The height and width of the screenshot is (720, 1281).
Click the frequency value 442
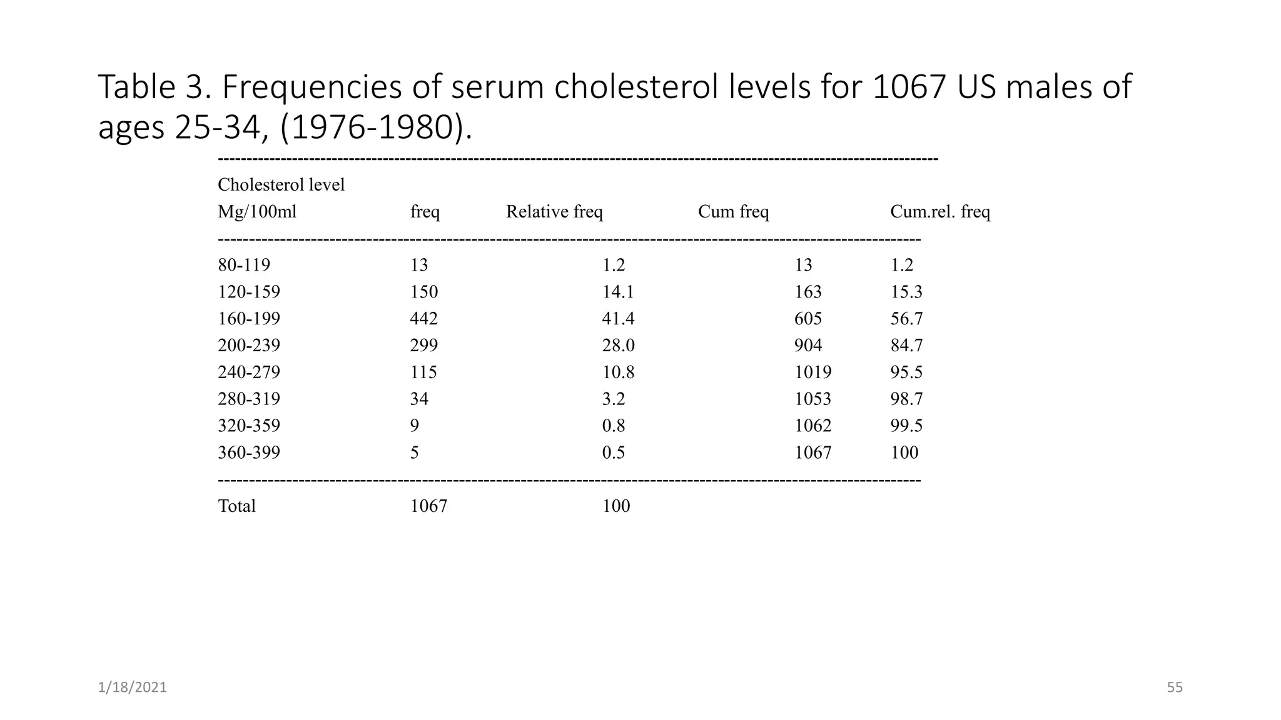423,319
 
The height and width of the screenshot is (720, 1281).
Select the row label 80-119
244,265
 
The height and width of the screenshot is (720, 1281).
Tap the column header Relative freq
554,212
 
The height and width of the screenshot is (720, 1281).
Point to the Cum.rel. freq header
940,212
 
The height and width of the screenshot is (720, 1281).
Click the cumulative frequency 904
808,346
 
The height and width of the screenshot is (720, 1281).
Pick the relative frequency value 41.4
618,319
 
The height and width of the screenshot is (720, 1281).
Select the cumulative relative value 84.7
906,346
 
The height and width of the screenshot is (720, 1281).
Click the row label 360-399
249,452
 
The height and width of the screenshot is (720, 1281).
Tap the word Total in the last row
236,506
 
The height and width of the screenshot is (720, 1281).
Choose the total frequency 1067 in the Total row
428,506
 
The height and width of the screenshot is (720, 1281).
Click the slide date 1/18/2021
132,687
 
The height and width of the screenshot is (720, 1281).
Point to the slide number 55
1175,687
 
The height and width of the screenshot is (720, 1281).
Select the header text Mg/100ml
257,212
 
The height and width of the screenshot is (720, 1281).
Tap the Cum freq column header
733,212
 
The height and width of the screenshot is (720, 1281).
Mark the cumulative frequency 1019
813,372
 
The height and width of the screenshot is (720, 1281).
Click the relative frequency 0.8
613,426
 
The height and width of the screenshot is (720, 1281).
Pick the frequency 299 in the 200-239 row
423,346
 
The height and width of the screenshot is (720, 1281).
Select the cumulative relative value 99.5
906,426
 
